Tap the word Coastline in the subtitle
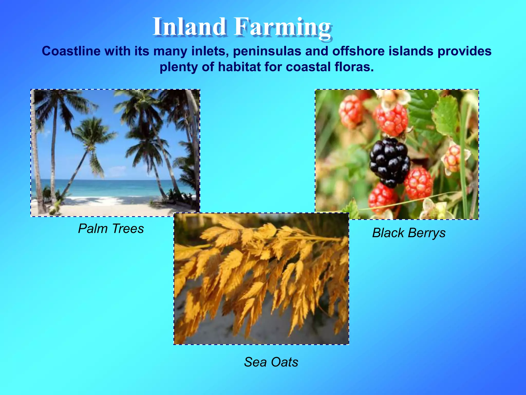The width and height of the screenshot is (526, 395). pos(71,51)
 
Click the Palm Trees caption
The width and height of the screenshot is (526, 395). pos(111,228)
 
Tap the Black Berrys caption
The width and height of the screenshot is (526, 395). pos(409,233)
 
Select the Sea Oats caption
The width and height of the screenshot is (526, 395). pos(271,362)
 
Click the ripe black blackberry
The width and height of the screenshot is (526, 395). pos(389,162)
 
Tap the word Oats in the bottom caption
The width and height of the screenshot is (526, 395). pos(284,362)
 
